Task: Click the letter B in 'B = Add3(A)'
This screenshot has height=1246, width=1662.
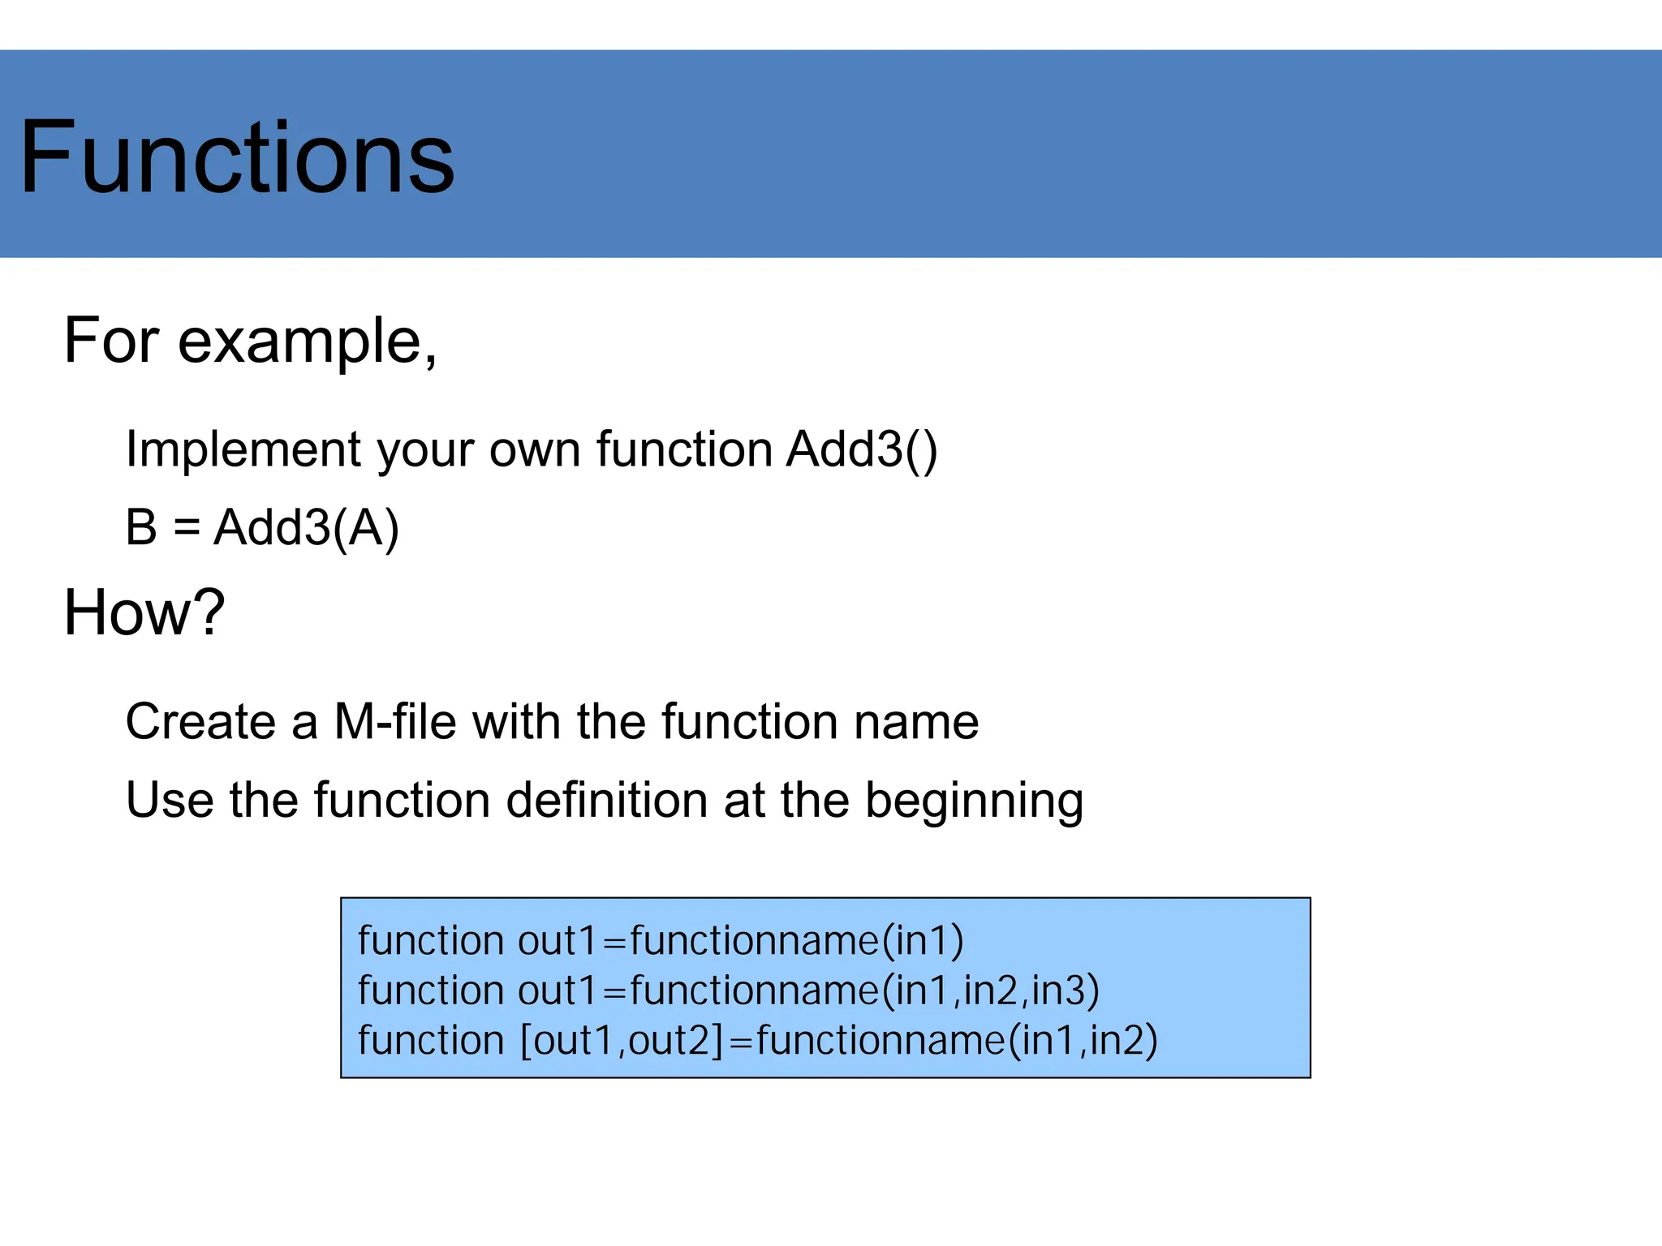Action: pyautogui.click(x=140, y=527)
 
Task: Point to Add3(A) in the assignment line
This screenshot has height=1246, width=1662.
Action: pyautogui.click(x=306, y=527)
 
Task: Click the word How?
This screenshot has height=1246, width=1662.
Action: pyautogui.click(x=144, y=612)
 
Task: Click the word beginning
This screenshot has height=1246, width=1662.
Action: pyautogui.click(x=974, y=801)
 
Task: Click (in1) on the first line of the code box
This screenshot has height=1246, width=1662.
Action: pyautogui.click(x=923, y=941)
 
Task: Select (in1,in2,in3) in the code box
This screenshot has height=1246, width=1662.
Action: pyautogui.click(x=990, y=990)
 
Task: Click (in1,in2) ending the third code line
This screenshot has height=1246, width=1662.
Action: pyautogui.click(x=1083, y=1041)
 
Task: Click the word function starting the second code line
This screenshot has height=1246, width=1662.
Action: pyautogui.click(x=431, y=990)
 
